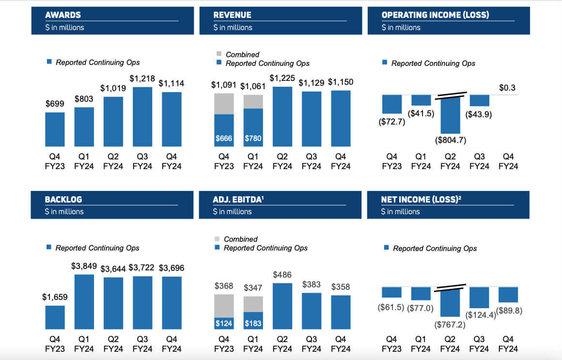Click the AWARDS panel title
click(x=63, y=15)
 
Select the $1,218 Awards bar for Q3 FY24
click(x=142, y=116)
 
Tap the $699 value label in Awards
click(x=55, y=104)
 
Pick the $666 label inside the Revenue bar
click(x=223, y=139)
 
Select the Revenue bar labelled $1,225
click(x=282, y=116)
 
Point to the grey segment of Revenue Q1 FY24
click(x=253, y=102)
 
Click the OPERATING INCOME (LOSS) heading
click(x=435, y=15)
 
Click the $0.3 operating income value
click(x=507, y=88)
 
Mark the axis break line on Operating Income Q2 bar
click(x=451, y=95)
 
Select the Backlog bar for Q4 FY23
click(x=55, y=317)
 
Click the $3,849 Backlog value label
click(x=84, y=266)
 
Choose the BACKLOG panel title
click(x=63, y=199)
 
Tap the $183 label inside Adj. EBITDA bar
click(x=253, y=323)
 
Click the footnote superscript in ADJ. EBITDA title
click(x=263, y=197)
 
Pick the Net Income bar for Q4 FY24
click(x=508, y=295)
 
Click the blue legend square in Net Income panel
click(x=386, y=248)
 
